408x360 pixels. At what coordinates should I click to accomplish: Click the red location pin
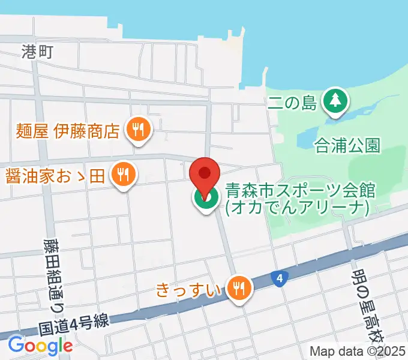coord(205,174)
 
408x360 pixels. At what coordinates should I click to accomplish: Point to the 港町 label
coord(38,52)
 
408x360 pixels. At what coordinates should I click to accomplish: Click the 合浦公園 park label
coord(347,145)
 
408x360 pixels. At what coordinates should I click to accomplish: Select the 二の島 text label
coord(292,103)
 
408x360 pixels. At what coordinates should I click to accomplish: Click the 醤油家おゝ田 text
coord(55,176)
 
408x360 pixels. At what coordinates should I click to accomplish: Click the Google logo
coord(40,345)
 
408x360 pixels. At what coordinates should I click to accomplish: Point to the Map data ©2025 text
coord(357,351)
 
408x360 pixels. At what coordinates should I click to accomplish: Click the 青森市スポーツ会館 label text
coord(300,191)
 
